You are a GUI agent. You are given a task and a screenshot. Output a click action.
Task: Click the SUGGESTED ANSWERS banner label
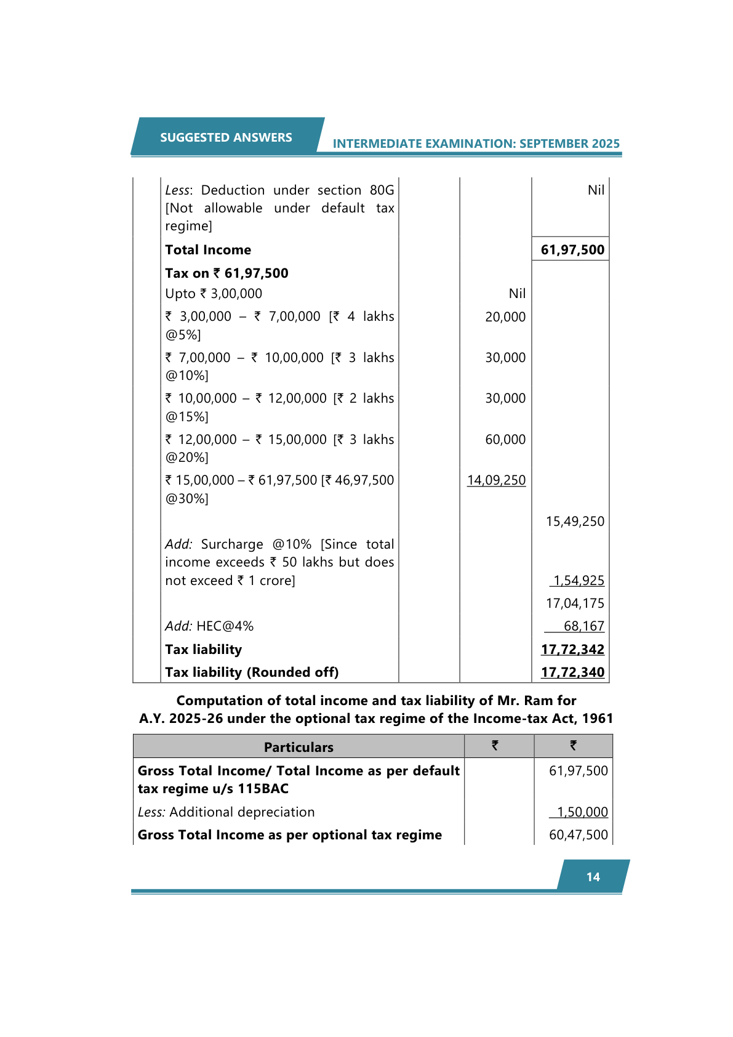click(226, 137)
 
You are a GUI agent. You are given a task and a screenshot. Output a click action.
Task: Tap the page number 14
click(593, 877)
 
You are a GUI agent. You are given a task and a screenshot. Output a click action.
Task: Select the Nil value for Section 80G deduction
click(596, 190)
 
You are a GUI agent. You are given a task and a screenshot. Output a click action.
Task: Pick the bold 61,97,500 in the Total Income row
click(572, 249)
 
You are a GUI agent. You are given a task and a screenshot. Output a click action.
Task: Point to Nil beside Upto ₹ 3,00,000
click(517, 294)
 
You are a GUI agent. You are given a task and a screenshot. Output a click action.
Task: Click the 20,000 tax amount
click(505, 317)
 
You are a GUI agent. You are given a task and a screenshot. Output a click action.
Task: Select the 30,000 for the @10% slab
click(505, 358)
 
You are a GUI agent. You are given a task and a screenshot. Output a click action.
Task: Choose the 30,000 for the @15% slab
click(505, 398)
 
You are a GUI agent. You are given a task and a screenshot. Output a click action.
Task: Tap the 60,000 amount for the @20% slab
click(505, 440)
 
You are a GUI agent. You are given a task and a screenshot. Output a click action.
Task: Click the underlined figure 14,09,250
click(496, 480)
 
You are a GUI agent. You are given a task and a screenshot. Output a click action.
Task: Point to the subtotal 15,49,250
click(575, 522)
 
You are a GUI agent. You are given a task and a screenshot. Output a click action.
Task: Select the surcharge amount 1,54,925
click(579, 581)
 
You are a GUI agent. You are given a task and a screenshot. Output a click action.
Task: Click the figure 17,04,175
click(575, 603)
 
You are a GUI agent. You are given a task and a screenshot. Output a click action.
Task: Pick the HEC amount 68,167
click(583, 626)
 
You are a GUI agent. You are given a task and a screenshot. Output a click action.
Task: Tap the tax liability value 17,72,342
click(572, 650)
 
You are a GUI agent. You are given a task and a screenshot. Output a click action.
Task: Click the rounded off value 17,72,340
click(572, 672)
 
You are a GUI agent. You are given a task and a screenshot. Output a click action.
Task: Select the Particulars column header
click(298, 747)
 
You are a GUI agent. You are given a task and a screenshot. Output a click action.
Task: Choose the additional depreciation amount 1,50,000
click(582, 812)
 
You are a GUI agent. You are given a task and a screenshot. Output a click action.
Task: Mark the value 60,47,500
click(578, 835)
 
